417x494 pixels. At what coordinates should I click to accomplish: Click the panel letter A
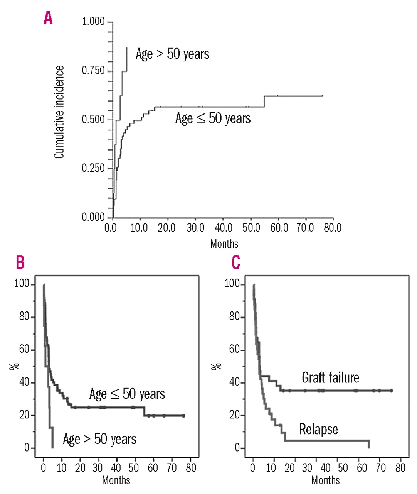click(x=48, y=18)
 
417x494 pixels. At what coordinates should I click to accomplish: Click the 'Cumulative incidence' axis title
click(x=59, y=112)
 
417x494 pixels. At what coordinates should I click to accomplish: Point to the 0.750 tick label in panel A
click(x=93, y=71)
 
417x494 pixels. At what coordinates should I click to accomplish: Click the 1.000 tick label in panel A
click(x=93, y=22)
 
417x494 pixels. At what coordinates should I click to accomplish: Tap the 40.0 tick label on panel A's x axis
click(x=224, y=228)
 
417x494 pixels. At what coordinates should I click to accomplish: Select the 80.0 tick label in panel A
click(x=332, y=228)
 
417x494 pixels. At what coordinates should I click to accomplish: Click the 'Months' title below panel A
click(x=224, y=244)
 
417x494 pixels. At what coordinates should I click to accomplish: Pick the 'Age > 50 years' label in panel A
click(x=172, y=54)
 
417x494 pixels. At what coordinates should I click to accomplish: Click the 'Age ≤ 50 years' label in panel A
click(x=213, y=118)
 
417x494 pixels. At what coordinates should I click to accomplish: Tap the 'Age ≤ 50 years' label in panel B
click(x=127, y=394)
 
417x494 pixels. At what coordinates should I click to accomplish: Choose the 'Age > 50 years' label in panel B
click(x=99, y=439)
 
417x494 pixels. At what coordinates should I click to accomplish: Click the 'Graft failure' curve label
click(x=330, y=377)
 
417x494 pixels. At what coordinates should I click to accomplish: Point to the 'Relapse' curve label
click(x=318, y=429)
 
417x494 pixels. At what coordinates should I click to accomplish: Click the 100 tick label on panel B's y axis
click(x=22, y=284)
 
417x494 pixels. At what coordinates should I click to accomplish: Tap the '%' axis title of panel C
click(x=217, y=366)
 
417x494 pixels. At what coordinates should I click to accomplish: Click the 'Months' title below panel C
click(x=325, y=480)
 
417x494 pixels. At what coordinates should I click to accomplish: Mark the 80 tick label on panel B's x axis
click(x=191, y=468)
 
